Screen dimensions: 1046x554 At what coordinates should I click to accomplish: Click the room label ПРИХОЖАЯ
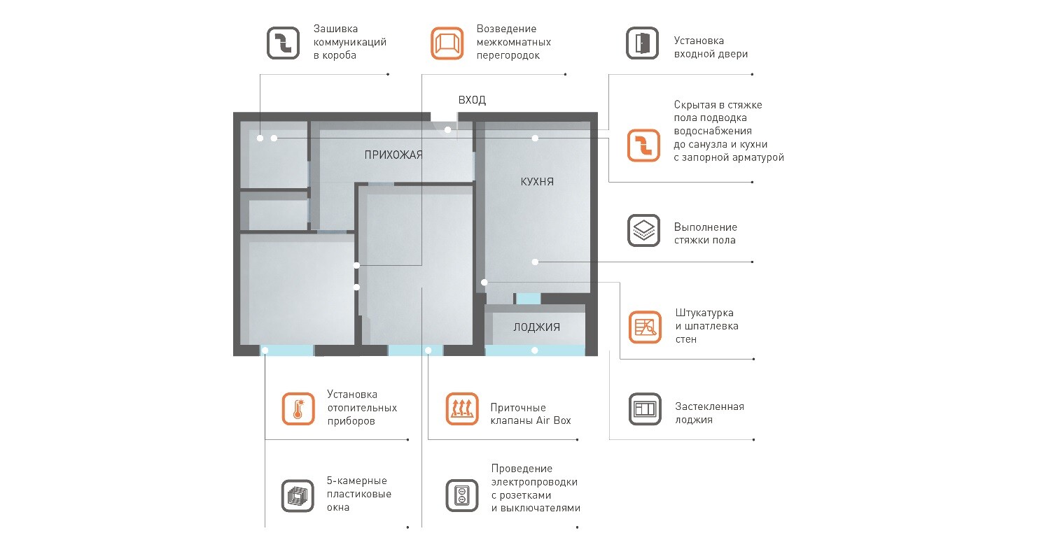click(393, 155)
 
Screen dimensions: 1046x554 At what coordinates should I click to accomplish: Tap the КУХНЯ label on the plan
click(537, 182)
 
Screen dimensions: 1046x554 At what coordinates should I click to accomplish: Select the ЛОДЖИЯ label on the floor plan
click(536, 327)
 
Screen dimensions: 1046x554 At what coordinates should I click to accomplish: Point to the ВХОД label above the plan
click(472, 100)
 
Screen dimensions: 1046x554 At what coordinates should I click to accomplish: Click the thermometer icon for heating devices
click(298, 409)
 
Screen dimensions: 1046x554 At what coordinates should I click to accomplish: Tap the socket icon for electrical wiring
click(462, 495)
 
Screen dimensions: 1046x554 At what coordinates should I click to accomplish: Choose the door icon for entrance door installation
click(642, 43)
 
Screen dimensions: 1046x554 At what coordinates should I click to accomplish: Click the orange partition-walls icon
click(447, 43)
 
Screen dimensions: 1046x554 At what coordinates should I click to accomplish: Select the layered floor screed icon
click(643, 231)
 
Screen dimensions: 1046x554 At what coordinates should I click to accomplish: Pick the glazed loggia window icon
click(645, 409)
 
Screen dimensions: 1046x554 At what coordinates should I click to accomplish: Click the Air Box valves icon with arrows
click(462, 409)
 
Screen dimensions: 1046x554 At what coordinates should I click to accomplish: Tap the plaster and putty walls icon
click(645, 327)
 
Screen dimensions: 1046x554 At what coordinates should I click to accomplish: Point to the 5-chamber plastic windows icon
click(298, 496)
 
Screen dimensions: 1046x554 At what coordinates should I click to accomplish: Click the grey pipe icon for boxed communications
click(283, 43)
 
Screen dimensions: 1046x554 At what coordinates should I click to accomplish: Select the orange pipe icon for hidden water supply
click(643, 145)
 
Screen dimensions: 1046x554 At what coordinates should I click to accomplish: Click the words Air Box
click(553, 420)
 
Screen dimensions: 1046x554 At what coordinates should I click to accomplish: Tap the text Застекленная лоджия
click(709, 413)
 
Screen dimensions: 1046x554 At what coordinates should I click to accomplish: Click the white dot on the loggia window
click(535, 350)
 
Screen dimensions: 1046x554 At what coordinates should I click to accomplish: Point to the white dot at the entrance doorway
click(448, 129)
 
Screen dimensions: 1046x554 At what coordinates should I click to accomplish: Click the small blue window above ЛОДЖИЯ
click(528, 299)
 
